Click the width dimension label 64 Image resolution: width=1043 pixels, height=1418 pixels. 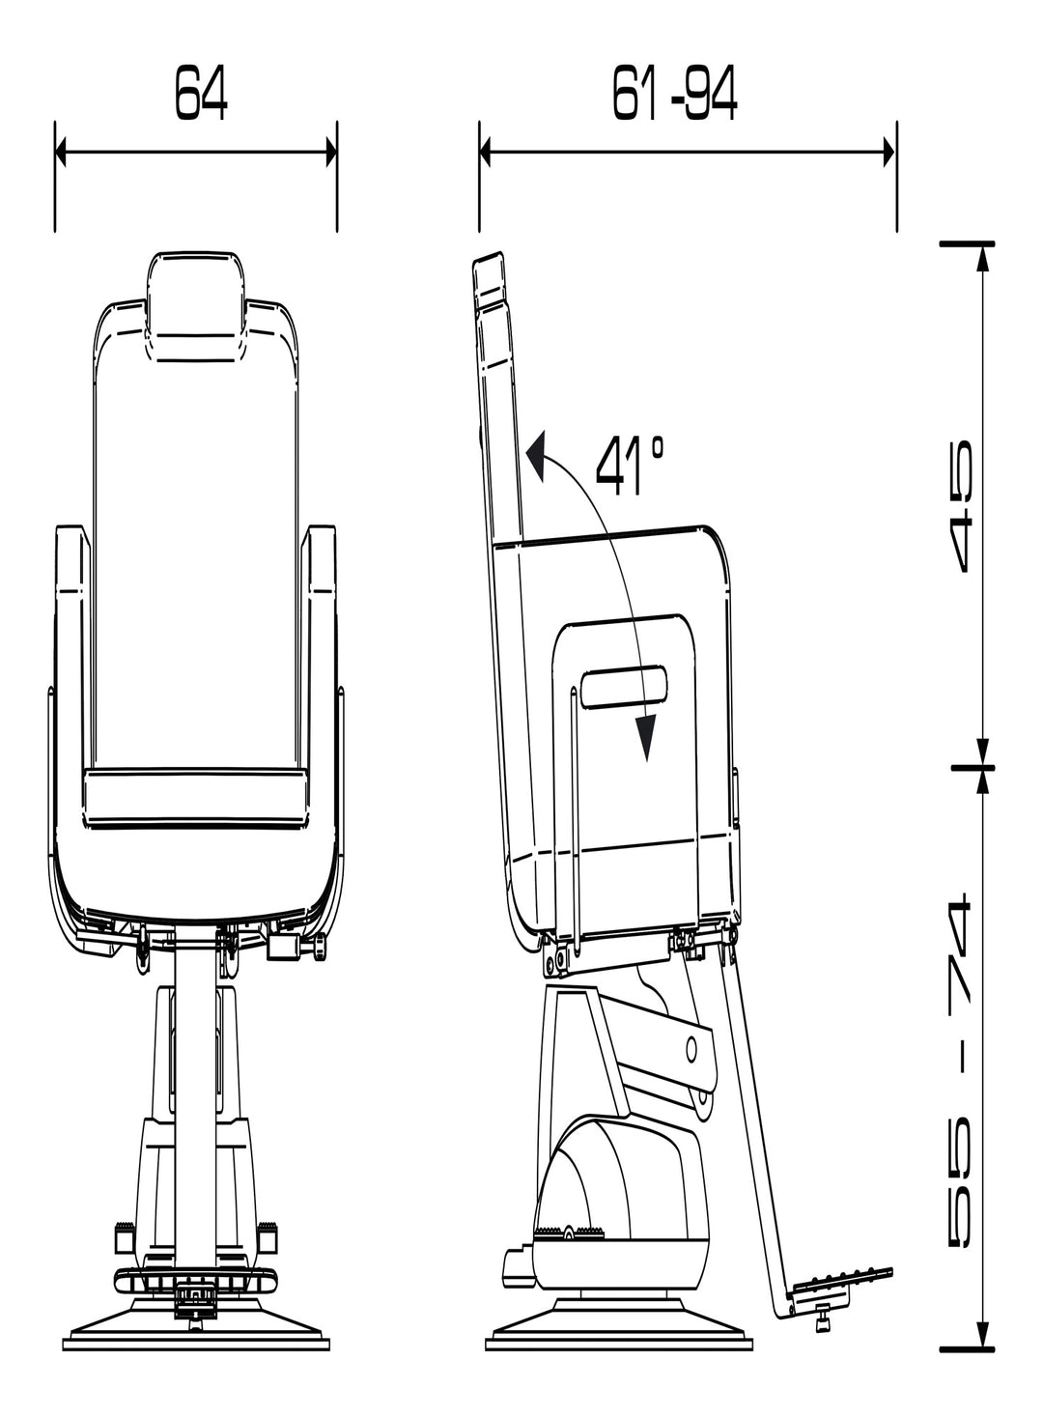pyautogui.click(x=201, y=93)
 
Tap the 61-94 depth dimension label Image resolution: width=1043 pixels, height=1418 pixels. pyautogui.click(x=675, y=93)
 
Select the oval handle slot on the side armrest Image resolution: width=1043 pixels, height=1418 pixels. pyautogui.click(x=624, y=686)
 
